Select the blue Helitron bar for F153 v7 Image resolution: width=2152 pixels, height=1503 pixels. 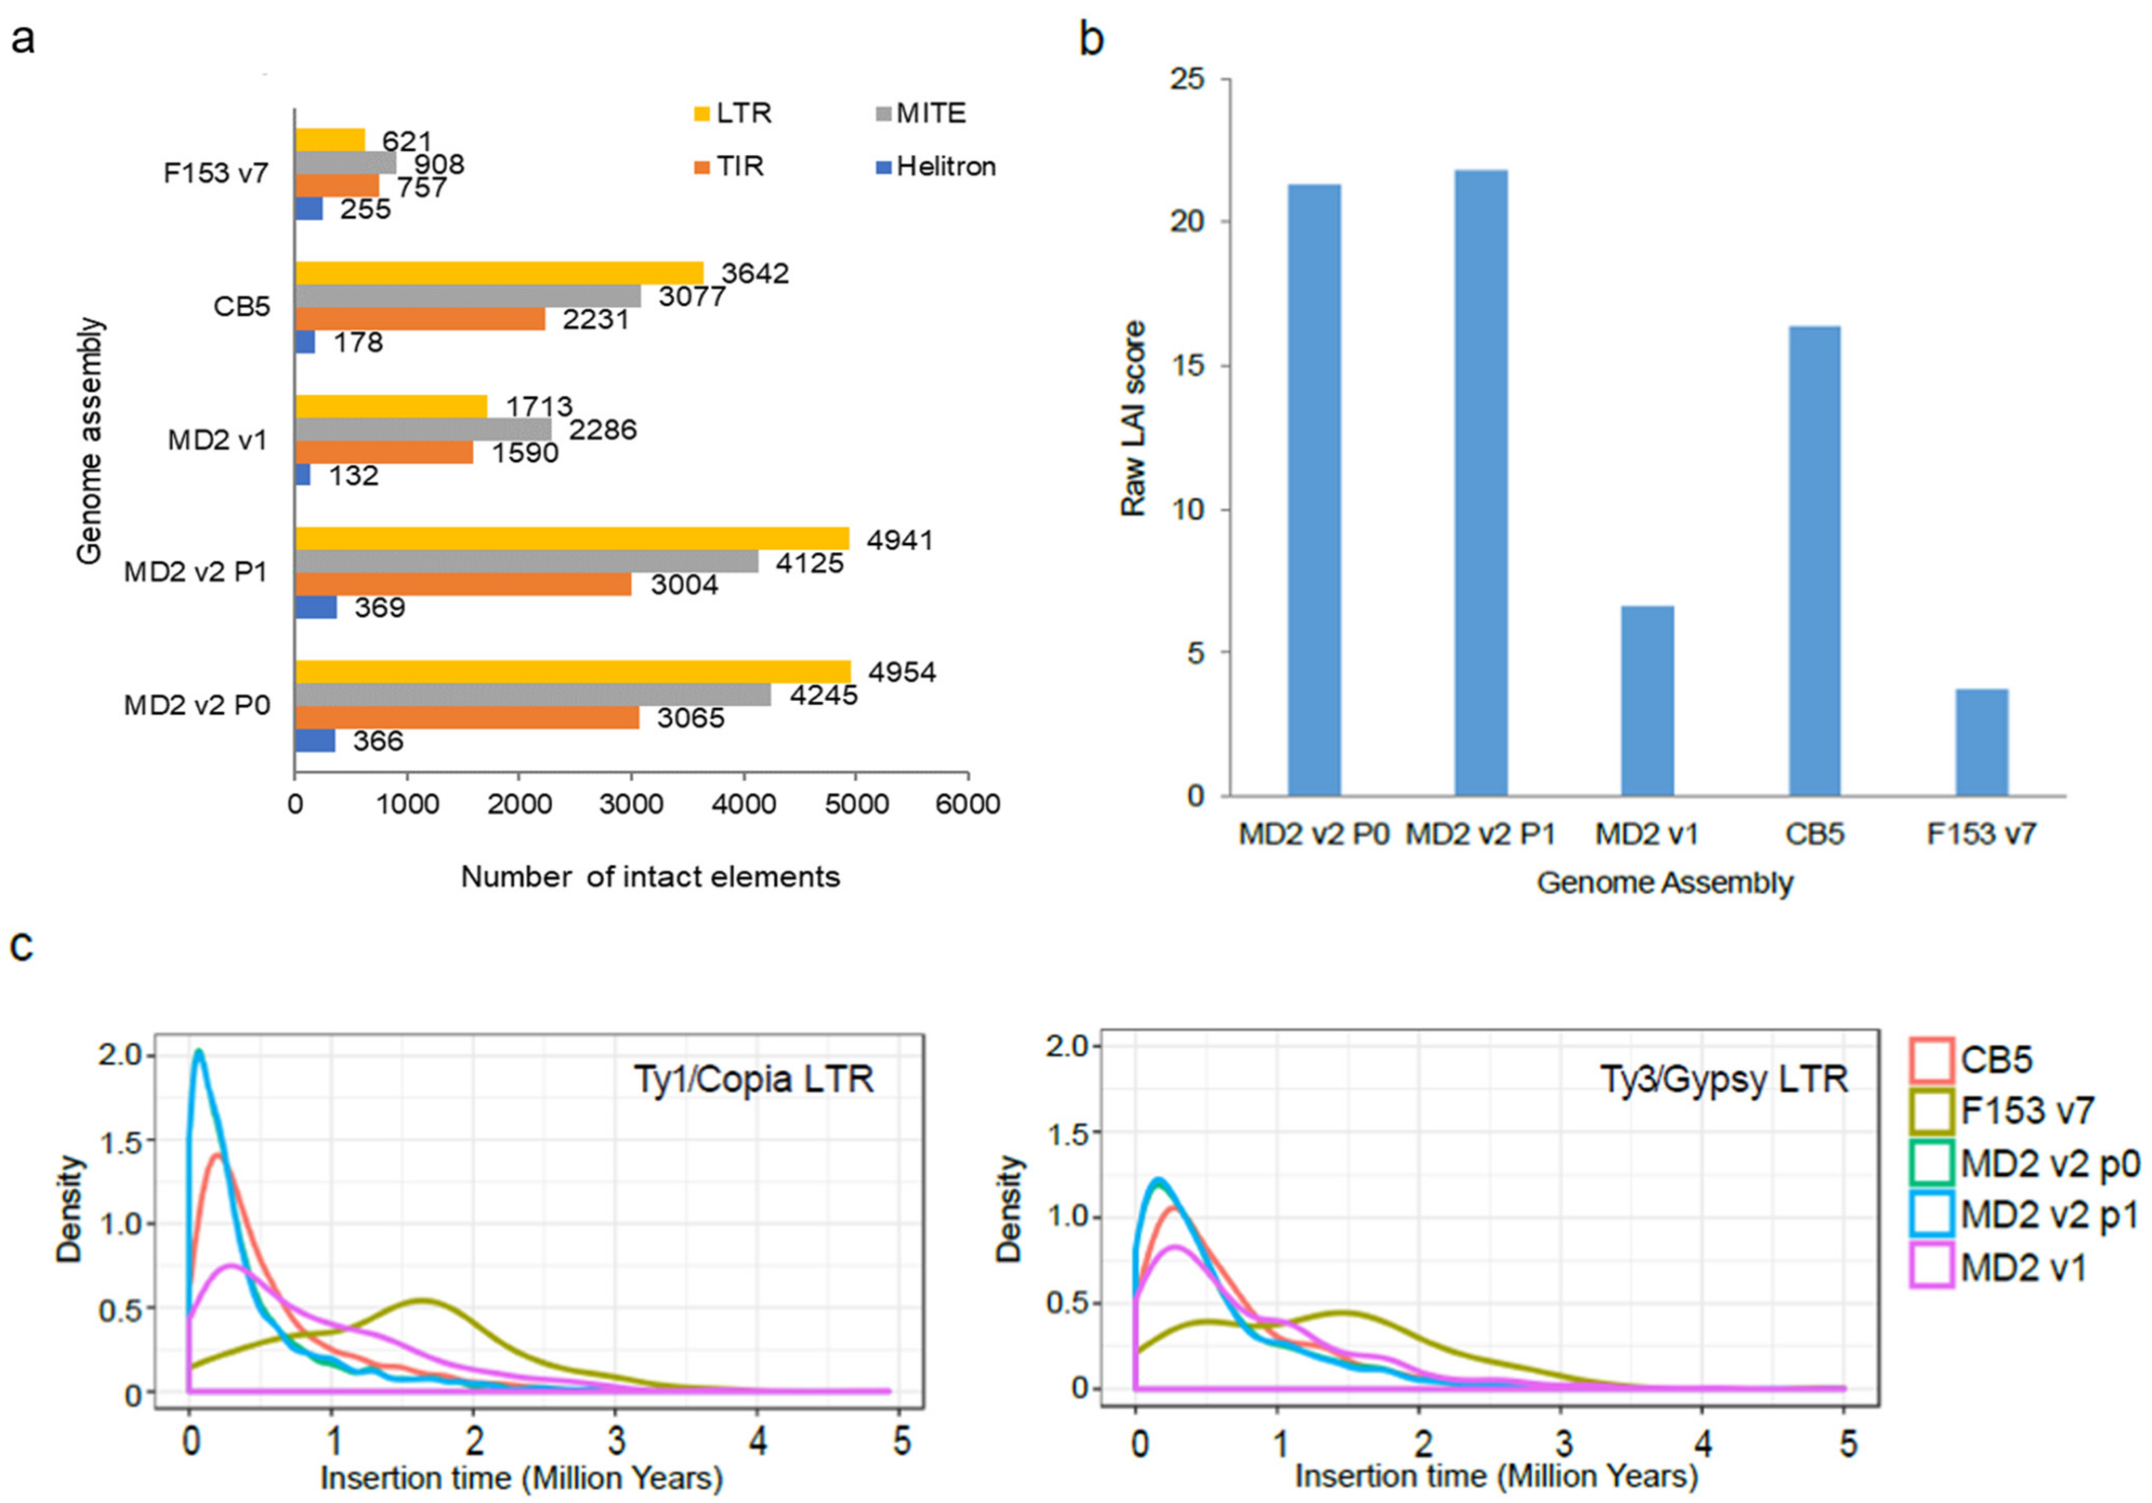pyautogui.click(x=309, y=208)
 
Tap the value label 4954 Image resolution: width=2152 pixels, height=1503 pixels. pyautogui.click(x=902, y=672)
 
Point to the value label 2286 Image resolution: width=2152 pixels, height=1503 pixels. pyautogui.click(x=603, y=430)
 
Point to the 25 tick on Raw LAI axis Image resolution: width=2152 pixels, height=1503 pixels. pyautogui.click(x=1187, y=80)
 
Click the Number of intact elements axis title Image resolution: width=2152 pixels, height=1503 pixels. pyautogui.click(x=651, y=877)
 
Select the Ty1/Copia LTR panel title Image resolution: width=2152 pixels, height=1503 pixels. pyautogui.click(x=754, y=1079)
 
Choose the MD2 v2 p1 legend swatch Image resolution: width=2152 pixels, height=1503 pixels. pyautogui.click(x=1932, y=1216)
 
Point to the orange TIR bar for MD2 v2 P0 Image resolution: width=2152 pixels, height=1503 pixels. pyautogui.click(x=467, y=717)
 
